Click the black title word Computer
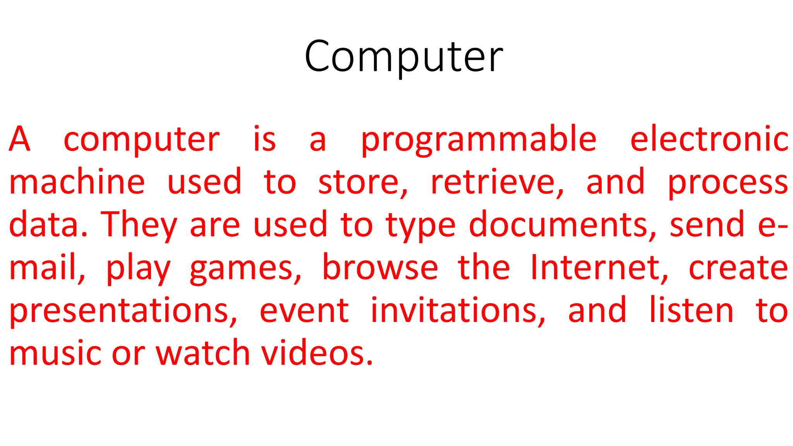pos(403,57)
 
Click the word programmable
pos(479,140)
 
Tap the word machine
pos(77,182)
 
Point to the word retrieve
pos(496,183)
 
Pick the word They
pos(139,225)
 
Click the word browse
pos(380,268)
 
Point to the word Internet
pos(599,268)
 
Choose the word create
pos(738,268)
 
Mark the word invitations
pos(458,310)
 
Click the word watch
pos(203,353)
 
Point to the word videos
pos(316,353)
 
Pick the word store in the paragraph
pos(362,183)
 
